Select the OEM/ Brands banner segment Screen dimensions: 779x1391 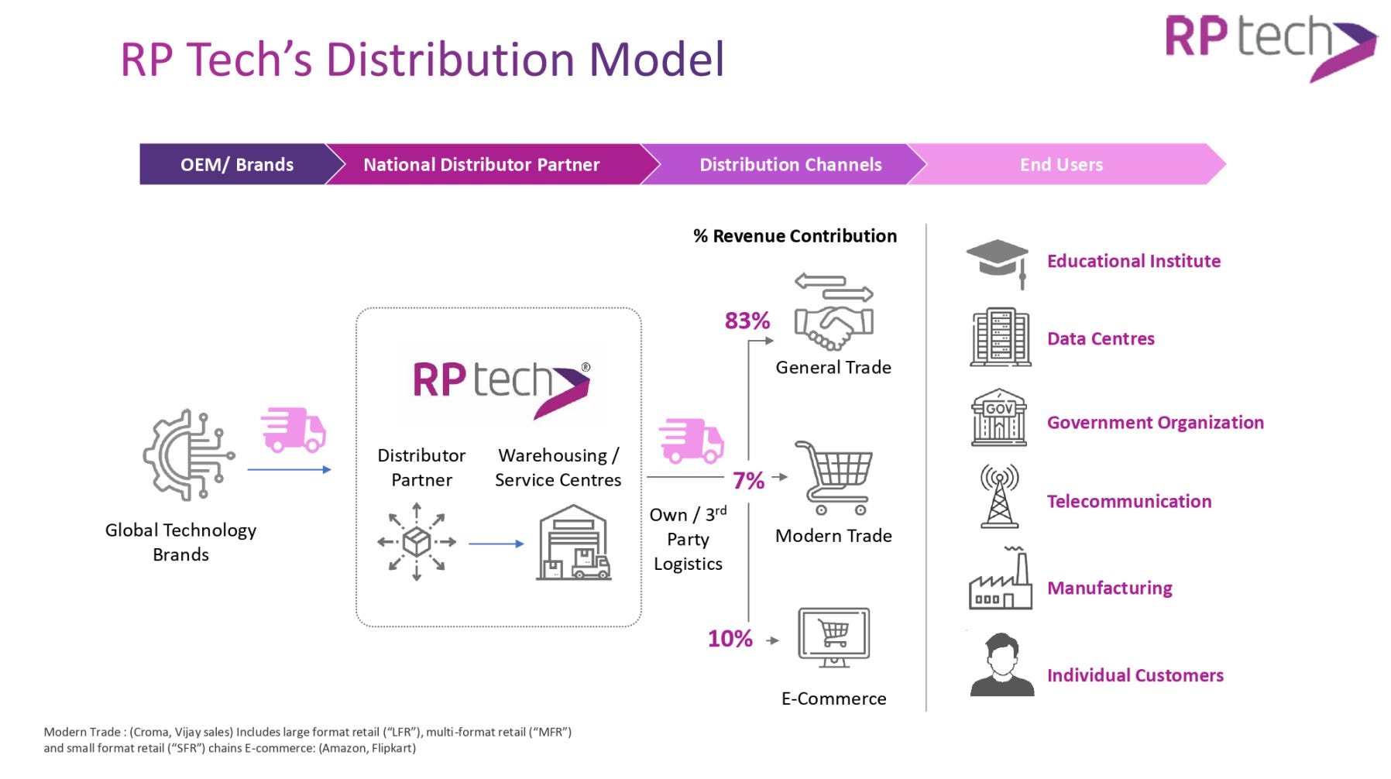pyautogui.click(x=237, y=164)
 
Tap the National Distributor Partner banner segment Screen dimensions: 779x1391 pyautogui.click(x=481, y=164)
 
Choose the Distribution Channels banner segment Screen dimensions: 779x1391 pyautogui.click(x=790, y=164)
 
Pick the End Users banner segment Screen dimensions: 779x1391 pyautogui.click(x=1061, y=164)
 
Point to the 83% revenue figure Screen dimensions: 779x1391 pyautogui.click(x=747, y=321)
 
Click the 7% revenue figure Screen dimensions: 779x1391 pyautogui.click(x=748, y=481)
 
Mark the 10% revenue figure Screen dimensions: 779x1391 pyautogui.click(x=730, y=639)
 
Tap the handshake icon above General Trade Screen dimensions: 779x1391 pyautogui.click(x=833, y=313)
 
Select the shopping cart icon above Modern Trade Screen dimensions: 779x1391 pyautogui.click(x=835, y=477)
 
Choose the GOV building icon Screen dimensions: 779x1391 pyautogui.click(x=999, y=418)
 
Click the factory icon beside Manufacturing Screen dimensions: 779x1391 pyautogui.click(x=1001, y=581)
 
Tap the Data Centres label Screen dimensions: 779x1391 pyautogui.click(x=1100, y=338)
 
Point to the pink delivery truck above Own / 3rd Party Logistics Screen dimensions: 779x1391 pyautogui.click(x=691, y=441)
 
